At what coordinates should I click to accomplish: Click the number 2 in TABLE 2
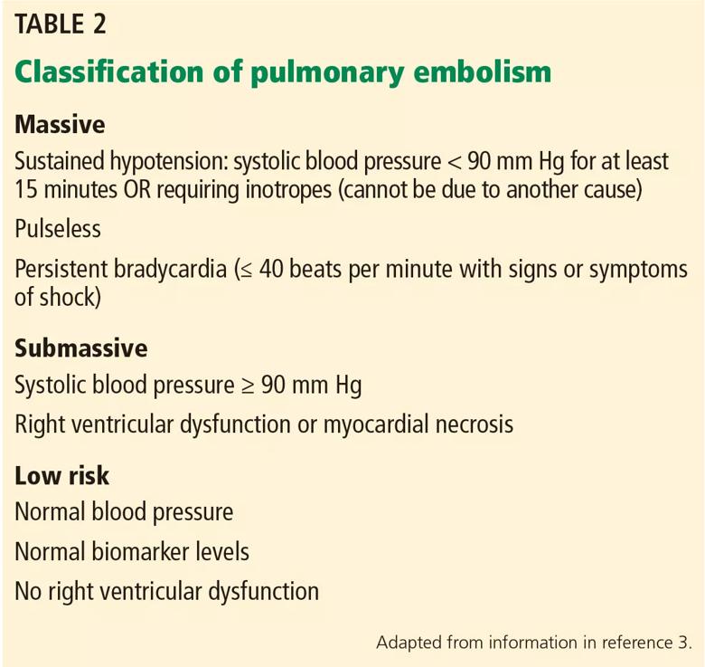click(x=99, y=24)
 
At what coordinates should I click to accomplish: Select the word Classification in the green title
click(x=109, y=72)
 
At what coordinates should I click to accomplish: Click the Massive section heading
click(x=60, y=124)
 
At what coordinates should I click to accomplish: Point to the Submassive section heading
click(x=81, y=348)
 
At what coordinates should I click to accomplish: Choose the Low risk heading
click(x=61, y=476)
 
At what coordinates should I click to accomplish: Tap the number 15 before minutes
click(x=25, y=189)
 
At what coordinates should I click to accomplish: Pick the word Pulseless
click(x=58, y=229)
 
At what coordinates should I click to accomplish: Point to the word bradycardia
click(x=170, y=269)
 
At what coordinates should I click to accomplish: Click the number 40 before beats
click(x=271, y=269)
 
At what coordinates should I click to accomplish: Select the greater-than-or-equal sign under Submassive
click(x=249, y=386)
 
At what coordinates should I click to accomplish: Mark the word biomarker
click(x=140, y=552)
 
